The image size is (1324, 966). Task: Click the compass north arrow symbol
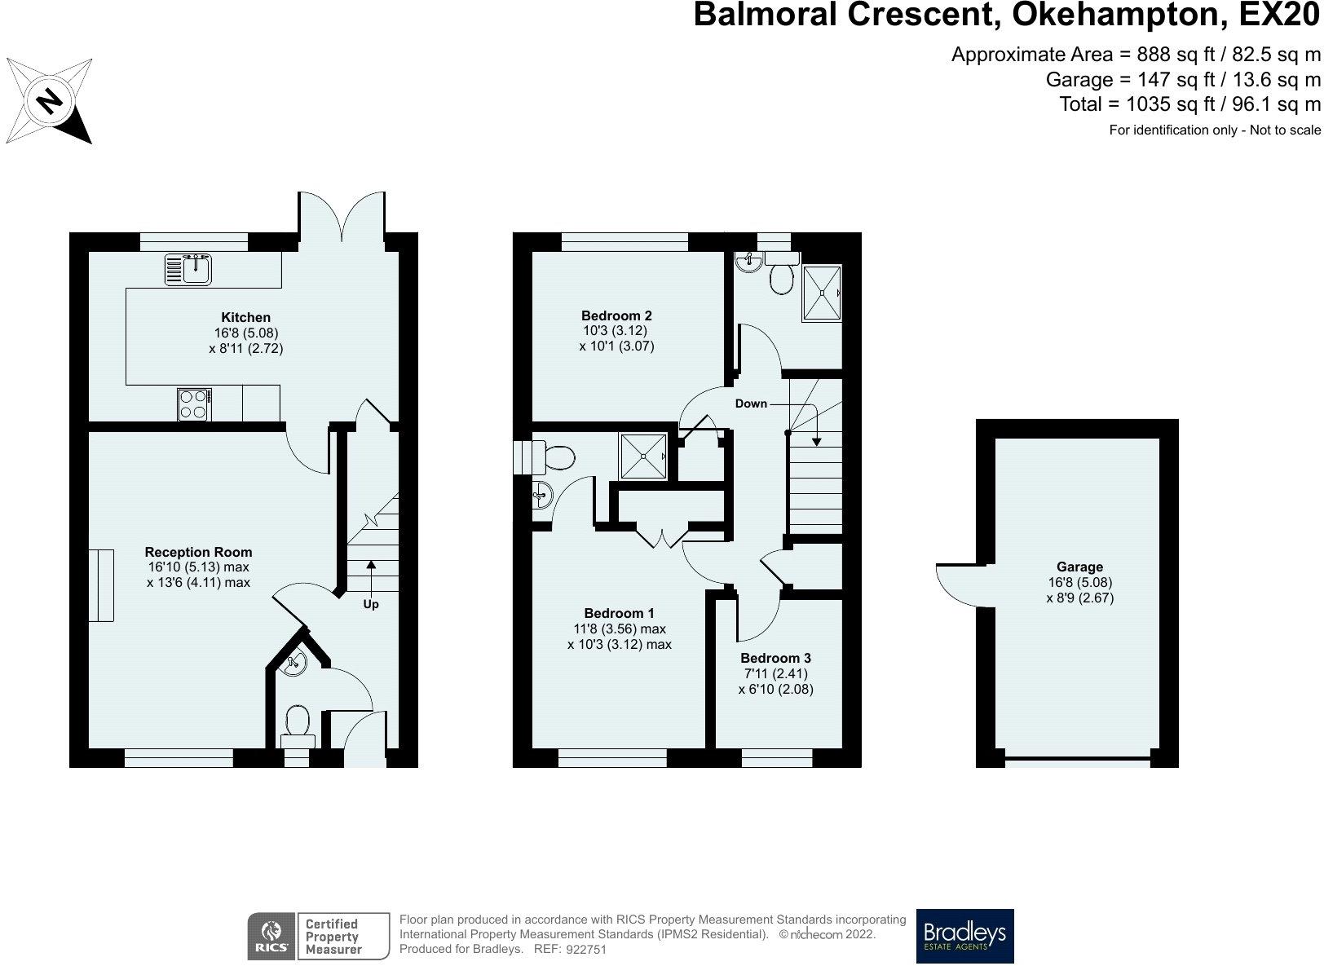(49, 101)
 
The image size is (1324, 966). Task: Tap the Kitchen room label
(246, 317)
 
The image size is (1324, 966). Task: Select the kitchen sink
(188, 270)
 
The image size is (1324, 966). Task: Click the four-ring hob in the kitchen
(194, 404)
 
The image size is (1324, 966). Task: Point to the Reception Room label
(199, 552)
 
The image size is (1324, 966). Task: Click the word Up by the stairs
(371, 604)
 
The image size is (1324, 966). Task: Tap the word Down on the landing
(751, 404)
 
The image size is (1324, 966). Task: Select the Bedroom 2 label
(616, 315)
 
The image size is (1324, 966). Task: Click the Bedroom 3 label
(775, 658)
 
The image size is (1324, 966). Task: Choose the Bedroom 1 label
(619, 613)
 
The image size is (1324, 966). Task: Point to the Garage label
(1080, 567)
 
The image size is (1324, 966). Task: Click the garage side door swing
(955, 586)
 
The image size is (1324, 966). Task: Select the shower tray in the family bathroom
(822, 293)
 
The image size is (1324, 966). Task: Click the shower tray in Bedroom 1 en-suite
(642, 457)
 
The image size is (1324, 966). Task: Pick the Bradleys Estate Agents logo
(964, 936)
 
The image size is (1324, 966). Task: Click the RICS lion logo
(271, 937)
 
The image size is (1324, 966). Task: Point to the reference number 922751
(586, 950)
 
